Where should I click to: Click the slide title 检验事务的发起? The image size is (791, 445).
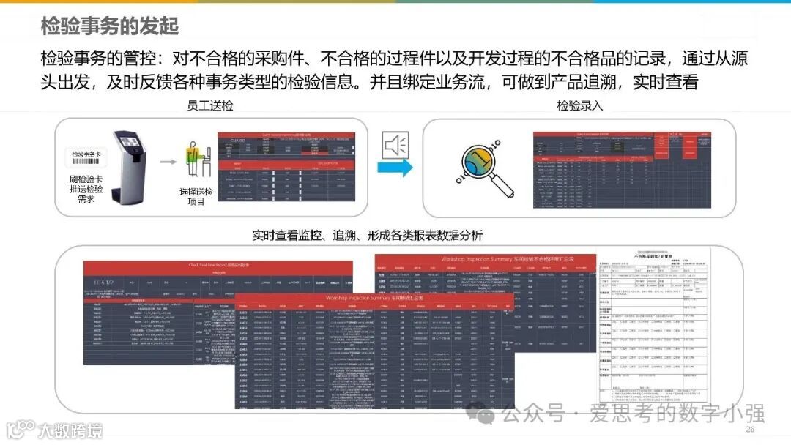[x=110, y=26]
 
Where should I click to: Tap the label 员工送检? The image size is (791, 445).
[x=210, y=105]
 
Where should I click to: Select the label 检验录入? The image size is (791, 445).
[x=580, y=105]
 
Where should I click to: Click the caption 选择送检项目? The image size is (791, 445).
[x=196, y=196]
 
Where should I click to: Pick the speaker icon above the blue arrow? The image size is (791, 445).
[x=396, y=145]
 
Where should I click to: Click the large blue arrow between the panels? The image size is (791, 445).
[x=395, y=168]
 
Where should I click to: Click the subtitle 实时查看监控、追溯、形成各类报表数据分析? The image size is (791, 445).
[x=367, y=236]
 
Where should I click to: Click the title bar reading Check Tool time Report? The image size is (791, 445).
[x=218, y=266]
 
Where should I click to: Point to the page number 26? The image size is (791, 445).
[x=750, y=429]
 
